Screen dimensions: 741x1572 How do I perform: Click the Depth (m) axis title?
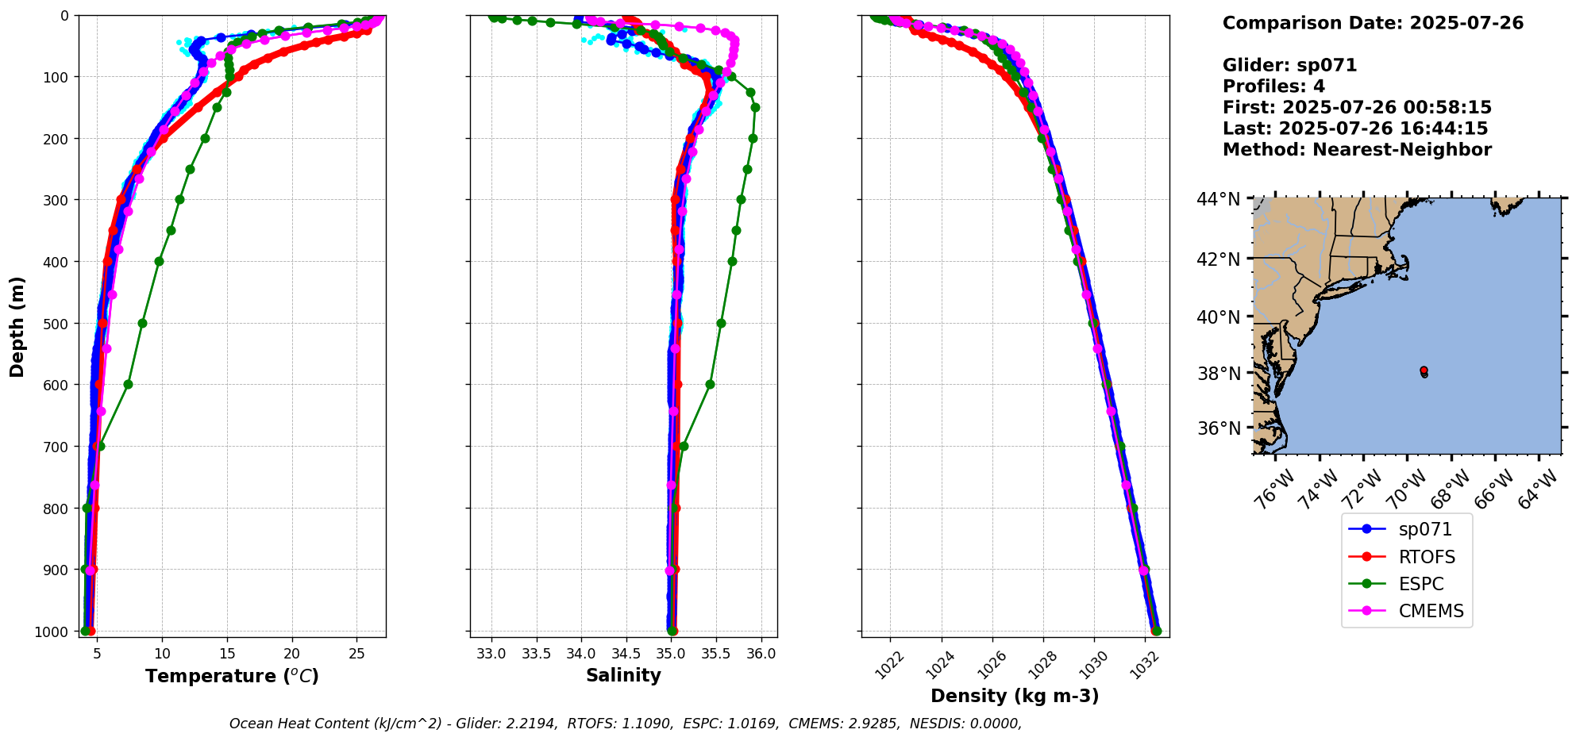[x=17, y=326]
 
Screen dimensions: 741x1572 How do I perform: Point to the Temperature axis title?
[x=232, y=676]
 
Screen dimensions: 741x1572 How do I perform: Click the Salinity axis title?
[x=623, y=675]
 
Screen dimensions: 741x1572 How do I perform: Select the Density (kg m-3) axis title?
[x=1015, y=696]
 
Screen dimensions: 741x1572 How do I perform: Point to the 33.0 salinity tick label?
[x=491, y=654]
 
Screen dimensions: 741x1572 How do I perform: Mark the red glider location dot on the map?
[x=1424, y=370]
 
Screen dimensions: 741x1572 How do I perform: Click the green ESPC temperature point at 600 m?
[x=128, y=384]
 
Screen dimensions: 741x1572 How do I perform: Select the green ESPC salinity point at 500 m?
[x=721, y=323]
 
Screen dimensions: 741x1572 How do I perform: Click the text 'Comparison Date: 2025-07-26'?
[x=1373, y=23]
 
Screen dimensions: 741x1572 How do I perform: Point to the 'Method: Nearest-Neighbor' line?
[x=1357, y=150]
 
